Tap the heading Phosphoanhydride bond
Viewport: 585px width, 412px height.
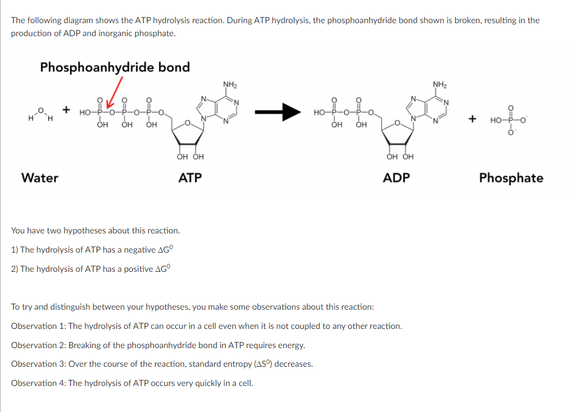115,68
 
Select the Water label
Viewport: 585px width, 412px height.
40,178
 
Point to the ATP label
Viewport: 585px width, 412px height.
190,178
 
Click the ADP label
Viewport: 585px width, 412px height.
396,178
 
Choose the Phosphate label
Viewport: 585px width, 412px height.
511,178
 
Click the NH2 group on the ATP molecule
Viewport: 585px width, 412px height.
230,85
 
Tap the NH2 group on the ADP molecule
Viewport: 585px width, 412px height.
440,85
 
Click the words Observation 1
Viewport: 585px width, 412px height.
34,326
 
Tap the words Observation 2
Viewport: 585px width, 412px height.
34,345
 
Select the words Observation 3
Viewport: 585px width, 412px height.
34,364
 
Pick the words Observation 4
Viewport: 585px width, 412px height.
34,383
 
